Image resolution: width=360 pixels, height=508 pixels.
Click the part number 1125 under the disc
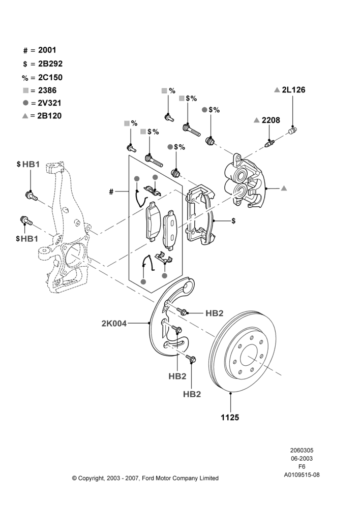(x=230, y=417)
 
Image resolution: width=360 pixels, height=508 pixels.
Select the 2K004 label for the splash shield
(x=114, y=323)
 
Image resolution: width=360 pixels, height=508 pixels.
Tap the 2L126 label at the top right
(x=293, y=90)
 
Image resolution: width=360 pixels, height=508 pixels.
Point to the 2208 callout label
(x=271, y=120)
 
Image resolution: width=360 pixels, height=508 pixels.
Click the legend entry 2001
(x=47, y=50)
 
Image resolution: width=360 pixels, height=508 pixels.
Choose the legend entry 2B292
(x=50, y=64)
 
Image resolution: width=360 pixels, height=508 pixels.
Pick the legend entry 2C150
(x=50, y=77)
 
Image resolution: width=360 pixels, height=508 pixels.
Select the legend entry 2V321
(x=49, y=103)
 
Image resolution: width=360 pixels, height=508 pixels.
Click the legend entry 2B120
(x=49, y=116)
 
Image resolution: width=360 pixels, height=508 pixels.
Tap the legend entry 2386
(x=47, y=90)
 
